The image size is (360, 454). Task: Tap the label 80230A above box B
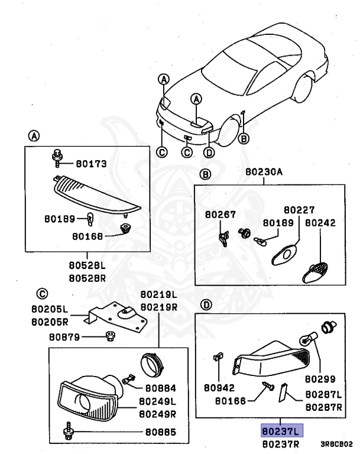(264, 171)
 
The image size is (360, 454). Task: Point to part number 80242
(320, 223)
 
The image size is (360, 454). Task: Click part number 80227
(299, 210)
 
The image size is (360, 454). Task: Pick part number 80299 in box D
(320, 378)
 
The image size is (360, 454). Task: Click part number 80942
(219, 388)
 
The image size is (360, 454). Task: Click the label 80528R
(87, 278)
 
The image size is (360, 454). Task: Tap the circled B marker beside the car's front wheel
(244, 138)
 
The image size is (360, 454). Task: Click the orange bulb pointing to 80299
(308, 339)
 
